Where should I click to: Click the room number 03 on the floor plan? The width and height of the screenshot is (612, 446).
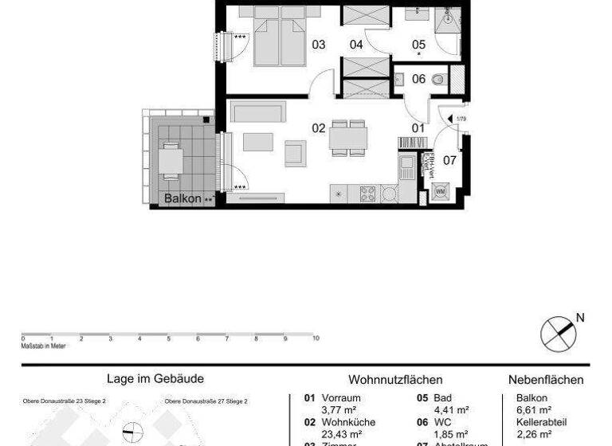[x=319, y=45]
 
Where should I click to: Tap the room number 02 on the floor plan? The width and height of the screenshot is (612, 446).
[x=319, y=127]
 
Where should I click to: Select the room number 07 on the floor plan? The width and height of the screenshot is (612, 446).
[x=449, y=160]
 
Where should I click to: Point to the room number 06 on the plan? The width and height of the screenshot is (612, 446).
[x=418, y=79]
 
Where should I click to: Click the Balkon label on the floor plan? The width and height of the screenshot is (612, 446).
[x=182, y=198]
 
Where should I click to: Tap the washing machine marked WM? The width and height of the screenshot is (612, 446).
[x=441, y=192]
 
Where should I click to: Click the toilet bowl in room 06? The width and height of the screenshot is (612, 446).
[x=437, y=79]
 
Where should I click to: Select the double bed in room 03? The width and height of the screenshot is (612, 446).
[x=280, y=36]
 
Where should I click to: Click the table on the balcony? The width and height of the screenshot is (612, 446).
[x=171, y=162]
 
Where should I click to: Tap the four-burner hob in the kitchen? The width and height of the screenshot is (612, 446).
[x=368, y=193]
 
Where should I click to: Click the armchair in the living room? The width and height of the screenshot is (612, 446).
[x=295, y=152]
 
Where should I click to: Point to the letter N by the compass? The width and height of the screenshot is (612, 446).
[x=580, y=318]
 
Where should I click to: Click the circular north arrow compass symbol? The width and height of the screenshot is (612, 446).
[x=558, y=333]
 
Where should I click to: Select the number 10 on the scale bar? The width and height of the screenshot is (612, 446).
[x=316, y=339]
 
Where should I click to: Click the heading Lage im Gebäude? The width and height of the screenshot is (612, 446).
[x=155, y=380]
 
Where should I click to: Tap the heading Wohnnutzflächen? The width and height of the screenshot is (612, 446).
[x=395, y=380]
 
